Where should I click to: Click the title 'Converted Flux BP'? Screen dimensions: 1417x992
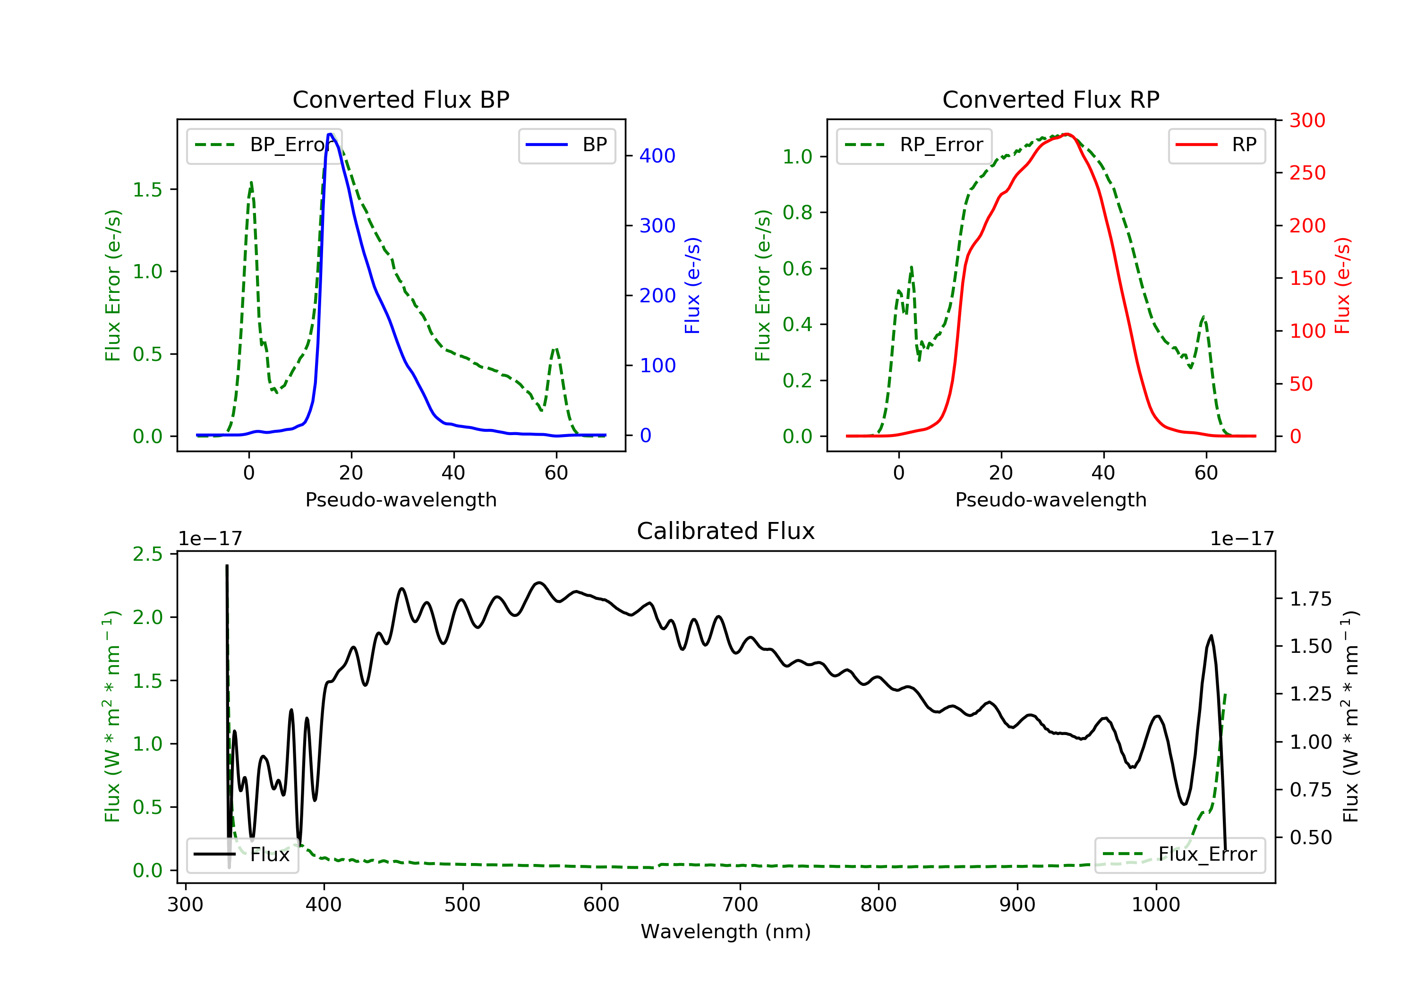point(401,99)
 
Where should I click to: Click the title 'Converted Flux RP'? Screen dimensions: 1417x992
point(1051,99)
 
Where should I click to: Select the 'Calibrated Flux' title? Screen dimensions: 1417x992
point(726,531)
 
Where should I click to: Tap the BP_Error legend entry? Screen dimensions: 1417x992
point(264,145)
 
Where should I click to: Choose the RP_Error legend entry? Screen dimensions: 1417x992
point(914,145)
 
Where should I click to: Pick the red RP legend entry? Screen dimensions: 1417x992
point(1216,145)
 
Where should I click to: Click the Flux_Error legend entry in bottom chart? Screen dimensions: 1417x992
point(1179,855)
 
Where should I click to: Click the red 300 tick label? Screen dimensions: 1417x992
point(1307,120)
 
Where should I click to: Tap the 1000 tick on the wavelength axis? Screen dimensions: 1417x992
point(1156,905)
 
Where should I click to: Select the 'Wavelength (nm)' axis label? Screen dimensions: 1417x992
point(726,932)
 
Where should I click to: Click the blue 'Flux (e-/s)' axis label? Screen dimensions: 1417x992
point(692,285)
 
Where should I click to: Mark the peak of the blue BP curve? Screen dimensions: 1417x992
point(331,134)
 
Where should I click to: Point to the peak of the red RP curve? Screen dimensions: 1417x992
point(1067,134)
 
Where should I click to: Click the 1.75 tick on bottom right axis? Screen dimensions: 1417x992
point(1311,599)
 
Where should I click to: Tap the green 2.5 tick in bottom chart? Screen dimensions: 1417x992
point(147,554)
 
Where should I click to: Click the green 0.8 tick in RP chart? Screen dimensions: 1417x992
point(797,213)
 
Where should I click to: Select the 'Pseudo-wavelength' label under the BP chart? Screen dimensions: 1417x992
point(401,499)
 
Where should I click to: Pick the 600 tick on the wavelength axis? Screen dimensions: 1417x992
point(601,905)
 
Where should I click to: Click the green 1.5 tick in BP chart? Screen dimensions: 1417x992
point(147,189)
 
